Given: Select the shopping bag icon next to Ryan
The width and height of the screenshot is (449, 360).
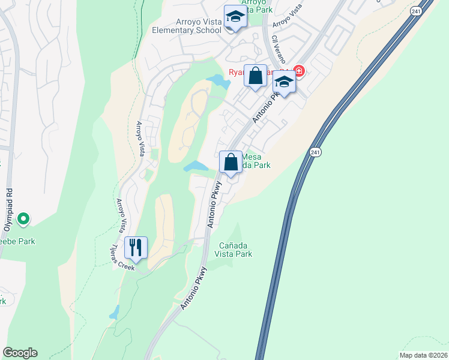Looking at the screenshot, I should (256, 76).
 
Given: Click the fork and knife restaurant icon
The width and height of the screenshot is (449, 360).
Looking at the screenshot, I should (136, 247).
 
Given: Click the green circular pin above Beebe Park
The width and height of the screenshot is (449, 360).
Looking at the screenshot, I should (23, 220).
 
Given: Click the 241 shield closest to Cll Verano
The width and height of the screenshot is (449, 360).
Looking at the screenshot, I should (415, 11).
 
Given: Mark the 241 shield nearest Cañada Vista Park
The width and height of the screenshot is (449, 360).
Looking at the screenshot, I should (315, 153).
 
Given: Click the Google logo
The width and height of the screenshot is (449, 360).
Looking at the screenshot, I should (20, 353).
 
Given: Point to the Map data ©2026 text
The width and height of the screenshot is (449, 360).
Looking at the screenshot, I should (423, 355).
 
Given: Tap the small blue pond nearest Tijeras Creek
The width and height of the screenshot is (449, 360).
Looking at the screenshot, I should (114, 312).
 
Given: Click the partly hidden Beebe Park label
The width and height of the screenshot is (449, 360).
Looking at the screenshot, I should (17, 241).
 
